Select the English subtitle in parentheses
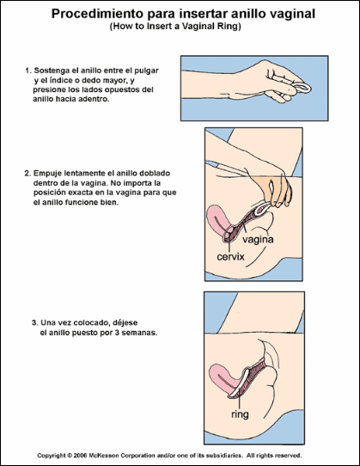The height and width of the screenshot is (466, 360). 175,27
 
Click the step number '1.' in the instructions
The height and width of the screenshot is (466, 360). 28,71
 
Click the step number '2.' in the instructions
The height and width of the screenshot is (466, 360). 27,174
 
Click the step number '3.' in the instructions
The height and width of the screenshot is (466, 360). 35,322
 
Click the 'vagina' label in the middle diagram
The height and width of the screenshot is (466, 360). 258,240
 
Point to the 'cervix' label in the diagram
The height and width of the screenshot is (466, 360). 230,256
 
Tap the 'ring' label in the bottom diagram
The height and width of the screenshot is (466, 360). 240,414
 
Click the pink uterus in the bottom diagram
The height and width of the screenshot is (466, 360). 222,378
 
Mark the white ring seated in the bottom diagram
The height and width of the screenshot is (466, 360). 241,384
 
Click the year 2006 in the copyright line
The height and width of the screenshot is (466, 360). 81,456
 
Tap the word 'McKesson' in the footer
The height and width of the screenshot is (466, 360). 102,456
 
